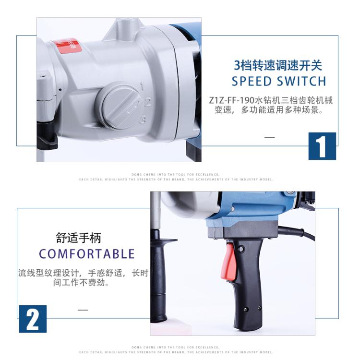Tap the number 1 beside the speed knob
tap(142, 86)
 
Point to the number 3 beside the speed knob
tap(143, 120)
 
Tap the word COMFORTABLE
tap(87, 254)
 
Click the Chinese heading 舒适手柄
tap(79, 238)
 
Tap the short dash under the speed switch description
tap(270, 137)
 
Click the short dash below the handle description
tap(83, 310)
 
